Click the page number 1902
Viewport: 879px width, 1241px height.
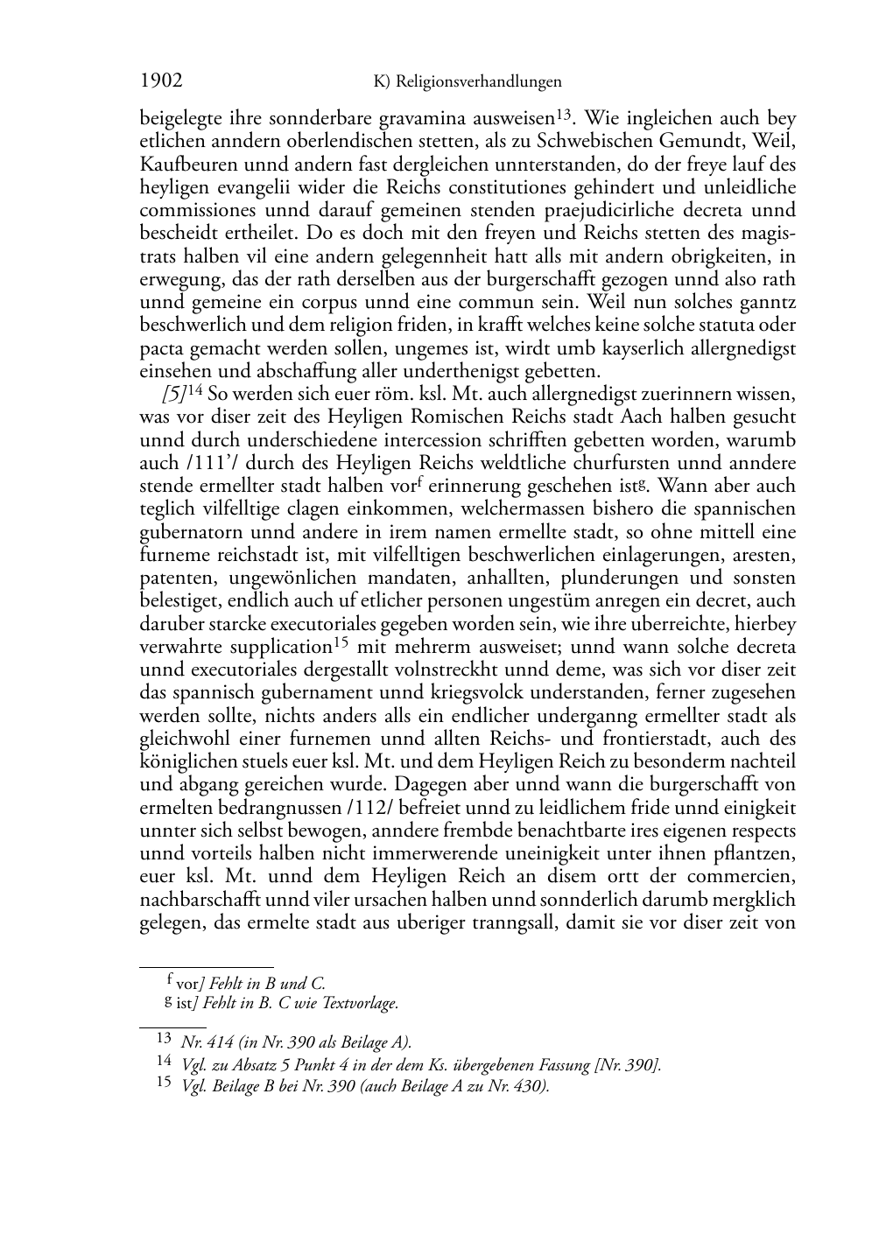click(x=161, y=81)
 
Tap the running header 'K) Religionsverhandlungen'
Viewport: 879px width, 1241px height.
click(x=467, y=82)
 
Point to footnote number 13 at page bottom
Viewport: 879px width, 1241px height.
click(x=164, y=1039)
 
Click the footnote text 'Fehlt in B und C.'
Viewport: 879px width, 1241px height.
click(x=266, y=984)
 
